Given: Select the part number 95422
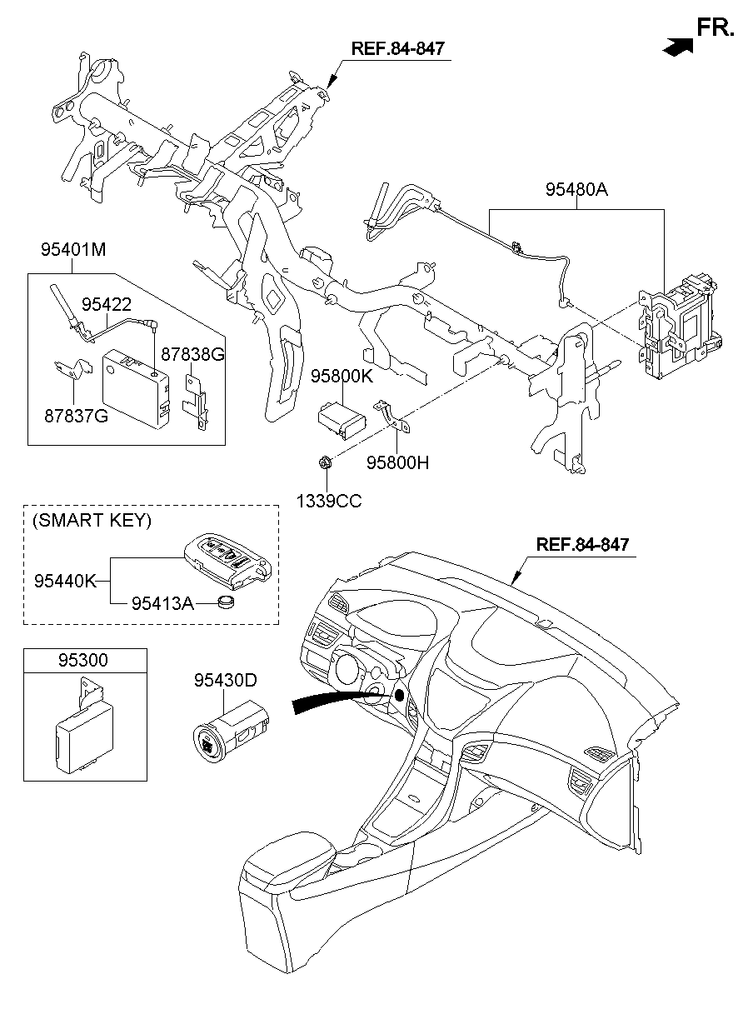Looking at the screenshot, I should tap(107, 306).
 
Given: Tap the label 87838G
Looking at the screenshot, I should tap(192, 354).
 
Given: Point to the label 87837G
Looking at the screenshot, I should tap(77, 416).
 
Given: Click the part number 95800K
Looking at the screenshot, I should tap(342, 377).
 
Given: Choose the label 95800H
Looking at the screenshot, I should tap(398, 462).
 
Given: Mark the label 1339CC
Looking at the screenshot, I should tap(329, 501).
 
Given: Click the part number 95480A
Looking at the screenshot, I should tap(576, 189).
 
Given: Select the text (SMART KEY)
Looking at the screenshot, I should tap(92, 521).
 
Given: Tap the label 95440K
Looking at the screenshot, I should tap(66, 580).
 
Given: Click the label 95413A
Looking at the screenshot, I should tap(162, 602).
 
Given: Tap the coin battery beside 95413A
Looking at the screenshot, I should tap(227, 602).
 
